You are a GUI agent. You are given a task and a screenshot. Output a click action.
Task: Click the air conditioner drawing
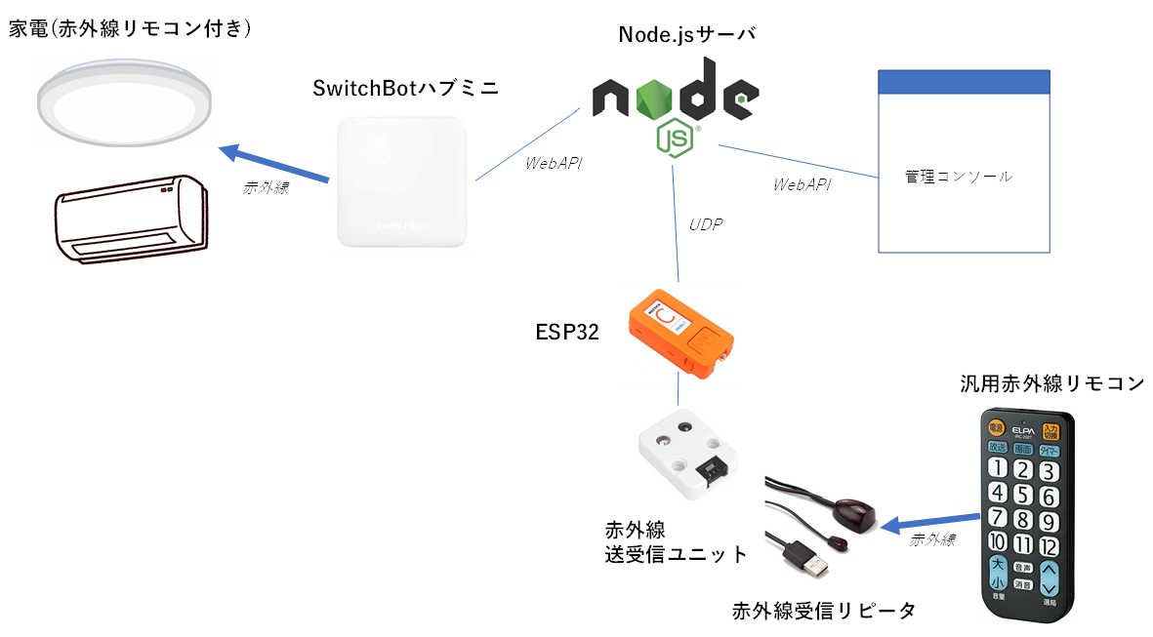pos(130,218)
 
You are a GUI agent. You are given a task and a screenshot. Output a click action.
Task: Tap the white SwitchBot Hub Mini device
pos(403,181)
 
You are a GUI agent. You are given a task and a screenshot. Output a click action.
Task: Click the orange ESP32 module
pos(680,332)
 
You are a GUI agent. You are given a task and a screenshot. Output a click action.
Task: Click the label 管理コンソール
pos(959,177)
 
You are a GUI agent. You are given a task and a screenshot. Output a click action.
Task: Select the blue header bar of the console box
pos(965,82)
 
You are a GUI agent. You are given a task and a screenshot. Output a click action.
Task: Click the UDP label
pos(706,223)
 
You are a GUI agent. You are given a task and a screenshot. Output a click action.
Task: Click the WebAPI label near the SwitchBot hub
pos(554,163)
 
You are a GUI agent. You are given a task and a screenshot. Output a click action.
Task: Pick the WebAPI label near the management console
pos(802,183)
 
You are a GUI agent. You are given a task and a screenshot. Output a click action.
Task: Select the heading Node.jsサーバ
pos(687,35)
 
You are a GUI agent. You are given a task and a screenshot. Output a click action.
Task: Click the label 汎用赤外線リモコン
pos(1051,382)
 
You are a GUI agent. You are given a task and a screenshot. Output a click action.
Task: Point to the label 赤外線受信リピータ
pos(825,611)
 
